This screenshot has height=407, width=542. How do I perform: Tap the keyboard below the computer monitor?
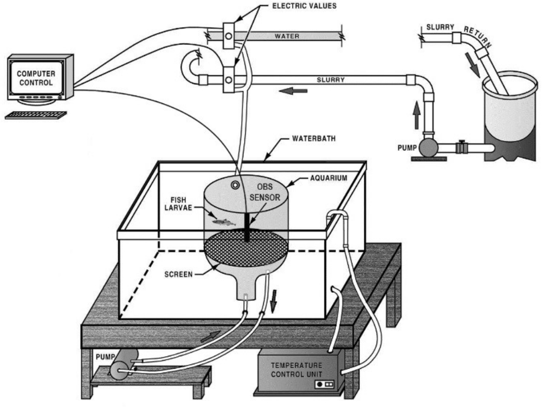[36, 115]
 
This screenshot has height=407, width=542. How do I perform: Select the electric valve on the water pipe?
[229, 36]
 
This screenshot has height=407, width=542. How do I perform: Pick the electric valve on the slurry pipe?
[229, 80]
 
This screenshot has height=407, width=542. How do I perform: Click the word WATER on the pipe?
[287, 36]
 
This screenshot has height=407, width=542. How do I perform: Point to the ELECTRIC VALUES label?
[304, 6]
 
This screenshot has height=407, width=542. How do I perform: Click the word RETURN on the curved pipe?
[478, 36]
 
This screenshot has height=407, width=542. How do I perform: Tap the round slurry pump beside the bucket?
[428, 147]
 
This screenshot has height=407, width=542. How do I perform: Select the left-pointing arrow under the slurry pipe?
[293, 91]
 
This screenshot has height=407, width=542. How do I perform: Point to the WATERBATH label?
[314, 139]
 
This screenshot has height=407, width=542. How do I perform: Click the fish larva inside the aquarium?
[223, 222]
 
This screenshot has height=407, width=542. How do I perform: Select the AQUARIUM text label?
[328, 178]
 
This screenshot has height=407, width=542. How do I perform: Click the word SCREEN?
[178, 274]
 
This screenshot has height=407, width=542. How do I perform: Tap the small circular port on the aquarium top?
[235, 186]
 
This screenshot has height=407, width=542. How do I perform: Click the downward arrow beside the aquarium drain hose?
[274, 301]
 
